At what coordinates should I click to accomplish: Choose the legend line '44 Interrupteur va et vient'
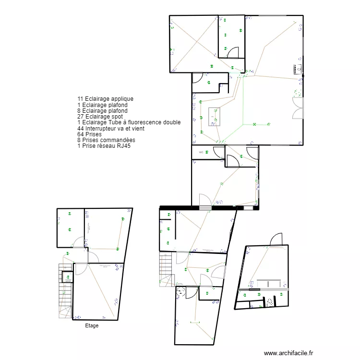(111, 129)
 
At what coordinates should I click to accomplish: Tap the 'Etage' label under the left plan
(91, 326)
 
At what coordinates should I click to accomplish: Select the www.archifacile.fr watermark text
(288, 352)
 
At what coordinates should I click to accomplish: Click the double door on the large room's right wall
(298, 108)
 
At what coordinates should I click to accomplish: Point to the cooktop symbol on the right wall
(298, 68)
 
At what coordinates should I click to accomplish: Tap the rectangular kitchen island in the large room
(214, 117)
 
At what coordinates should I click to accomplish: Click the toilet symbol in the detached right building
(270, 301)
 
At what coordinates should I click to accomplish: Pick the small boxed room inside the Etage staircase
(67, 277)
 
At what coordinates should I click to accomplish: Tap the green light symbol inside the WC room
(206, 152)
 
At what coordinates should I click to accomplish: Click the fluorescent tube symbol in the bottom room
(195, 322)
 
